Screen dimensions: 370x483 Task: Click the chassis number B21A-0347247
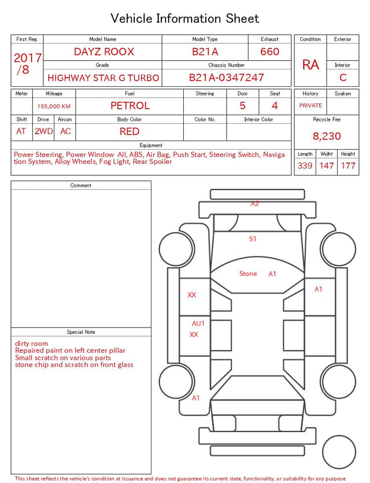coord(226,78)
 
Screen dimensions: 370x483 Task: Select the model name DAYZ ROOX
coord(104,51)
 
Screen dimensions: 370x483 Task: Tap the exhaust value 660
coord(269,51)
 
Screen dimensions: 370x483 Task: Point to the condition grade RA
coord(310,65)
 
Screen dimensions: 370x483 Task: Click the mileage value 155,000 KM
coord(54,106)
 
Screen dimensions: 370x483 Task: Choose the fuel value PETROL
coord(130,106)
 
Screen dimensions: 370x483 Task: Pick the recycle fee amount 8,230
coord(327,136)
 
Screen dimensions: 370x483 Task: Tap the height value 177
coord(348,165)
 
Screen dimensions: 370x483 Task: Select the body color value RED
coord(129,131)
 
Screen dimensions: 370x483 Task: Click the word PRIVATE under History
coord(310,105)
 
